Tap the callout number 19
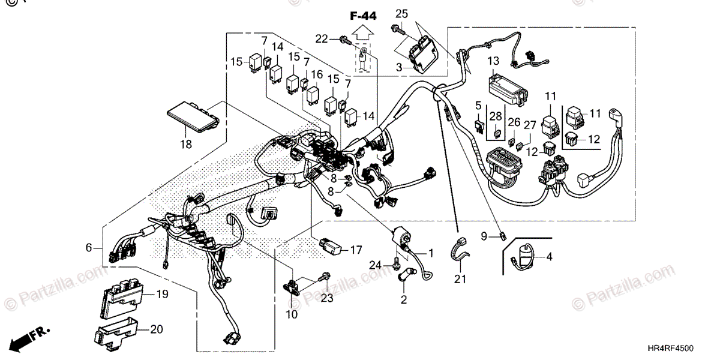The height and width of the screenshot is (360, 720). pyautogui.click(x=162, y=294)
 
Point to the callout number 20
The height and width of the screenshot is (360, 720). pyautogui.click(x=156, y=329)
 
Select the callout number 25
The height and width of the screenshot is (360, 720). pyautogui.click(x=401, y=13)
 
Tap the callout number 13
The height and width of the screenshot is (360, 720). pyautogui.click(x=493, y=61)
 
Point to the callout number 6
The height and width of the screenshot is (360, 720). pyautogui.click(x=89, y=247)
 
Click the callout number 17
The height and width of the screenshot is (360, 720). pyautogui.click(x=356, y=248)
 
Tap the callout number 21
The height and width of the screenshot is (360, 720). pyautogui.click(x=460, y=278)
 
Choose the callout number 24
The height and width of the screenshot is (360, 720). pyautogui.click(x=375, y=265)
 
